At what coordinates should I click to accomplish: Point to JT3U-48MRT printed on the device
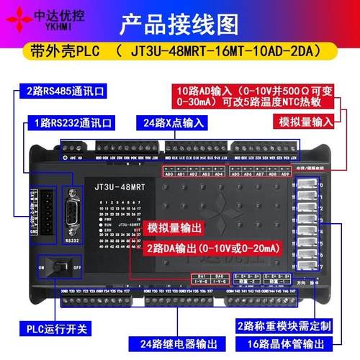(116, 186)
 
